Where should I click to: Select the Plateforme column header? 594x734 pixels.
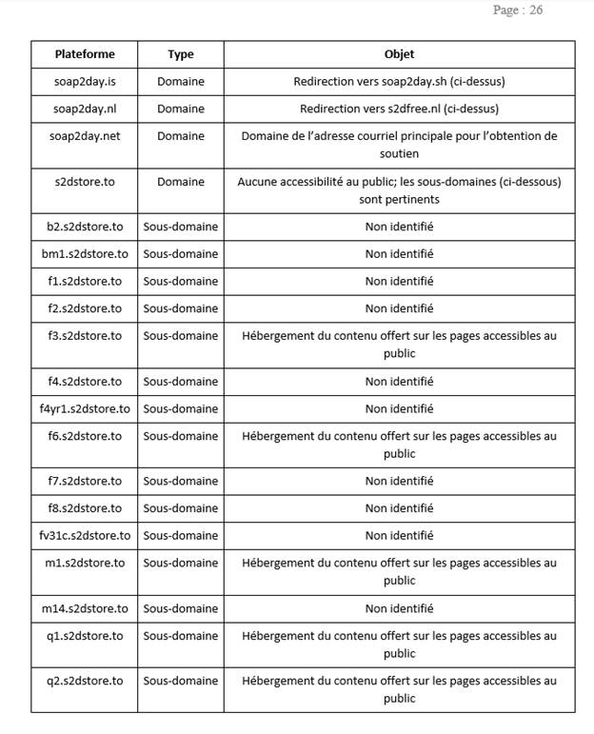click(85, 54)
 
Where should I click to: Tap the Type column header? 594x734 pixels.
click(181, 54)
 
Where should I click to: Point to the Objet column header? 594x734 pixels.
click(399, 54)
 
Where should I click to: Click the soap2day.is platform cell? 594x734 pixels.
click(85, 82)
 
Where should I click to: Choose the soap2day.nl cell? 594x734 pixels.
click(85, 109)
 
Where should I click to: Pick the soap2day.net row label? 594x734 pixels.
click(85, 136)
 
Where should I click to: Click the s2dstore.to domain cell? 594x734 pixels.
click(85, 182)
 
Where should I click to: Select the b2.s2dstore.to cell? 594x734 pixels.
click(85, 227)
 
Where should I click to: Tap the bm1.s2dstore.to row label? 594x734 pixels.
click(85, 254)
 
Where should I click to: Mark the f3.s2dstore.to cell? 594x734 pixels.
click(85, 336)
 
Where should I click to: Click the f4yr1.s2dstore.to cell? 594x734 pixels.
click(85, 408)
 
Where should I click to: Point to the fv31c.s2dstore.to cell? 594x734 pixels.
click(85, 535)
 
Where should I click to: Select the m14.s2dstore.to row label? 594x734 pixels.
click(85, 608)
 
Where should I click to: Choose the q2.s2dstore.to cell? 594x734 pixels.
click(85, 681)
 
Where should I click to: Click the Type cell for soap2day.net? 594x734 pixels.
click(181, 136)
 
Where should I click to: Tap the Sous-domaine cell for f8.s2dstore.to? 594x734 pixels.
click(181, 508)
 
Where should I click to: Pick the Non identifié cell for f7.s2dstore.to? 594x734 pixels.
click(399, 481)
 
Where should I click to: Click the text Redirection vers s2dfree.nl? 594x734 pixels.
click(399, 109)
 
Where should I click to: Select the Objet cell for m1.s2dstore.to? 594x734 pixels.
click(399, 571)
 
